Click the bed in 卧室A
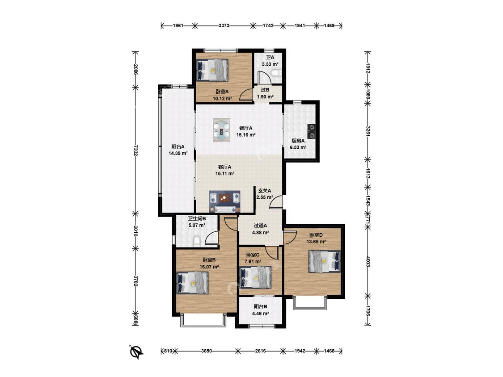213,70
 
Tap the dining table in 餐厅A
222,130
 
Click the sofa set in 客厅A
225,202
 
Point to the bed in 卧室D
324,261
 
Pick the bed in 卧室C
256,278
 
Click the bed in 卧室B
192,283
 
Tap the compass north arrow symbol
137,352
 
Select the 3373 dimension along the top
224,25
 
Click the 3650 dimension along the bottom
206,351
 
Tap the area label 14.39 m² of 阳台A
178,153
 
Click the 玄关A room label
265,190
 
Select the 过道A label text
260,226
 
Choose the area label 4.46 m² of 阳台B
260,314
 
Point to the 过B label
265,90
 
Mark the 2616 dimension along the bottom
260,351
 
